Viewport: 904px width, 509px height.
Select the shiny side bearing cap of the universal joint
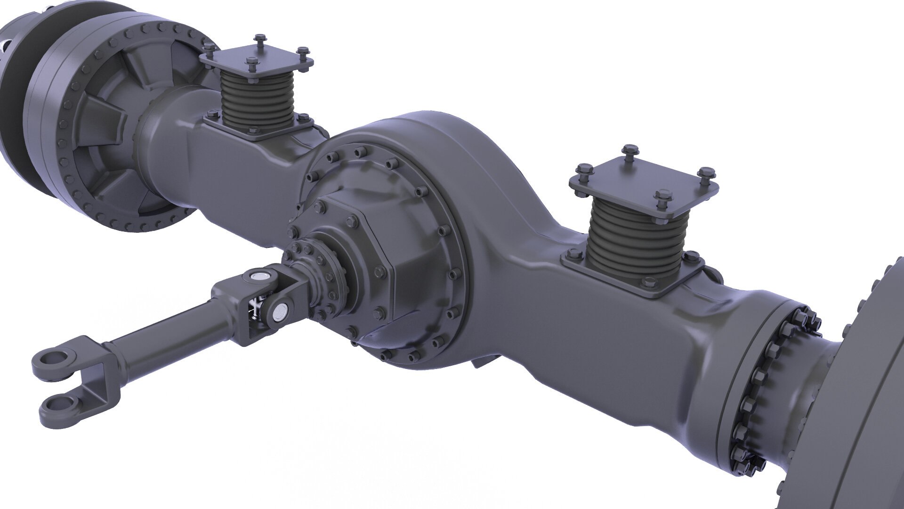282,310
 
